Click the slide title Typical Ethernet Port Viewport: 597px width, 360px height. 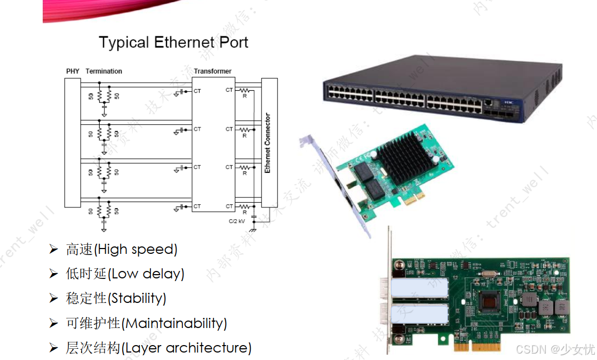point(173,43)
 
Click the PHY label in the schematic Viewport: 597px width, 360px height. point(72,71)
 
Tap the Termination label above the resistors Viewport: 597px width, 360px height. point(104,71)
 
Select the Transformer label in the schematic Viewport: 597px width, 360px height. point(212,71)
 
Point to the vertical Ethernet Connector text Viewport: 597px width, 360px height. point(268,143)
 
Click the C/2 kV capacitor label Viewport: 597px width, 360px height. point(236,221)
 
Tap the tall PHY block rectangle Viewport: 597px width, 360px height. point(72,142)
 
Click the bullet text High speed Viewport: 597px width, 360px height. point(122,249)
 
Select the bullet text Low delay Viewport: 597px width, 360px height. point(125,274)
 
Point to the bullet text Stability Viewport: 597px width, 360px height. point(116,298)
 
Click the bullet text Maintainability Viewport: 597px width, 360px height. point(147,323)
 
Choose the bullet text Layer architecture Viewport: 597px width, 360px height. point(158,348)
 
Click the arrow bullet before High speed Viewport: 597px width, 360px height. point(53,249)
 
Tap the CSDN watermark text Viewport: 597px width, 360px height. point(555,349)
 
